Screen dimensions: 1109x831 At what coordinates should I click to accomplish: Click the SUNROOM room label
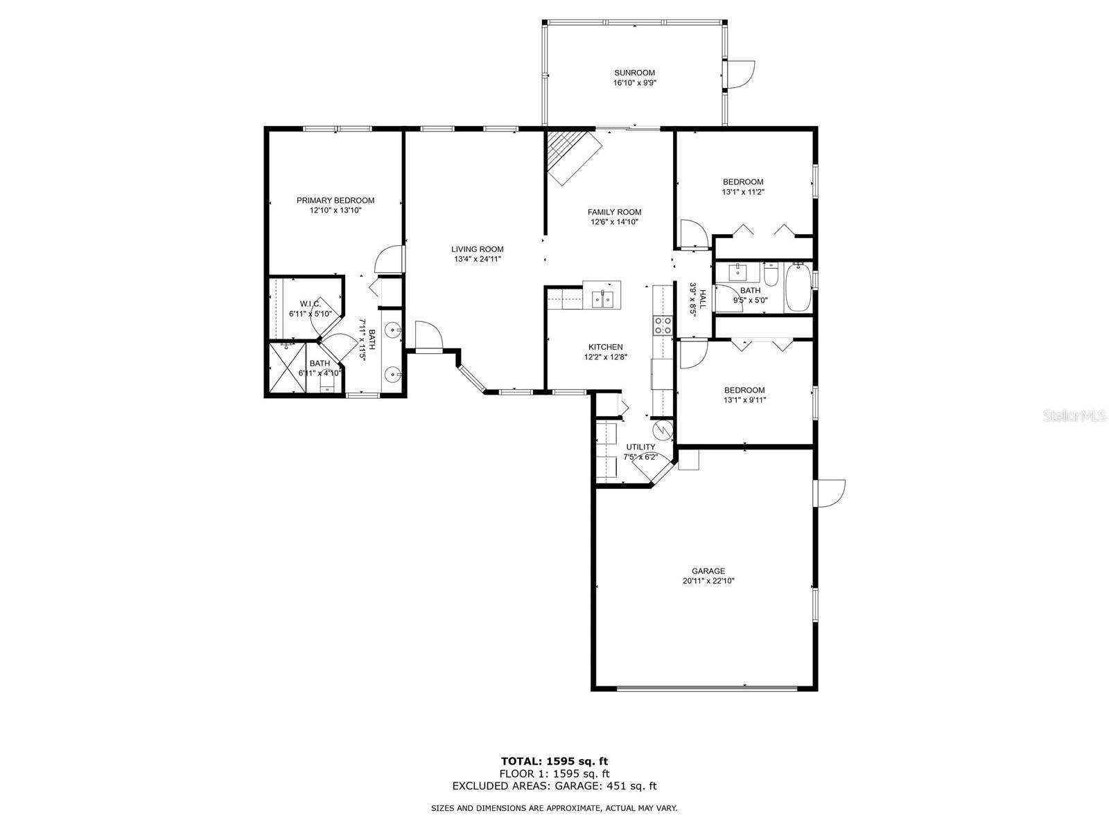coord(634,73)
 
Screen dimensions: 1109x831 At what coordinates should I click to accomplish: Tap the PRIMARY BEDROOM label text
coord(335,200)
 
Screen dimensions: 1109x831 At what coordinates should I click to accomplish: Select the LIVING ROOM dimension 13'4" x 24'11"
coord(477,259)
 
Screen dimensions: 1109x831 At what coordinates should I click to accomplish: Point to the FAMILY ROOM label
coord(614,213)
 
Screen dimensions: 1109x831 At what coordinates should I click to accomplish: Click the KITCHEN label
coord(605,347)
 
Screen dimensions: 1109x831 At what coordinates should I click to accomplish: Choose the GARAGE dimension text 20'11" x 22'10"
coord(708,581)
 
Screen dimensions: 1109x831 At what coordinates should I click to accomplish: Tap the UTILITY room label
coord(640,447)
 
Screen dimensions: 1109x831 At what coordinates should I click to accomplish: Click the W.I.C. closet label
coord(310,304)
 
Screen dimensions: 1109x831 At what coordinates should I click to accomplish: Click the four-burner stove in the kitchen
coord(663,325)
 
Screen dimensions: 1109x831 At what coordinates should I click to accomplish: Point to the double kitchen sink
coord(603,300)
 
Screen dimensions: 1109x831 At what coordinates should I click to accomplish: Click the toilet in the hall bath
coord(771,274)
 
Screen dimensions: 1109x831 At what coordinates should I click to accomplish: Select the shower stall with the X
coord(288,367)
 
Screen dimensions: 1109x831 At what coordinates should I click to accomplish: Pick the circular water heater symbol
coord(663,430)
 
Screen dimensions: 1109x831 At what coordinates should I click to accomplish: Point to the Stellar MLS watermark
coord(1074,416)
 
